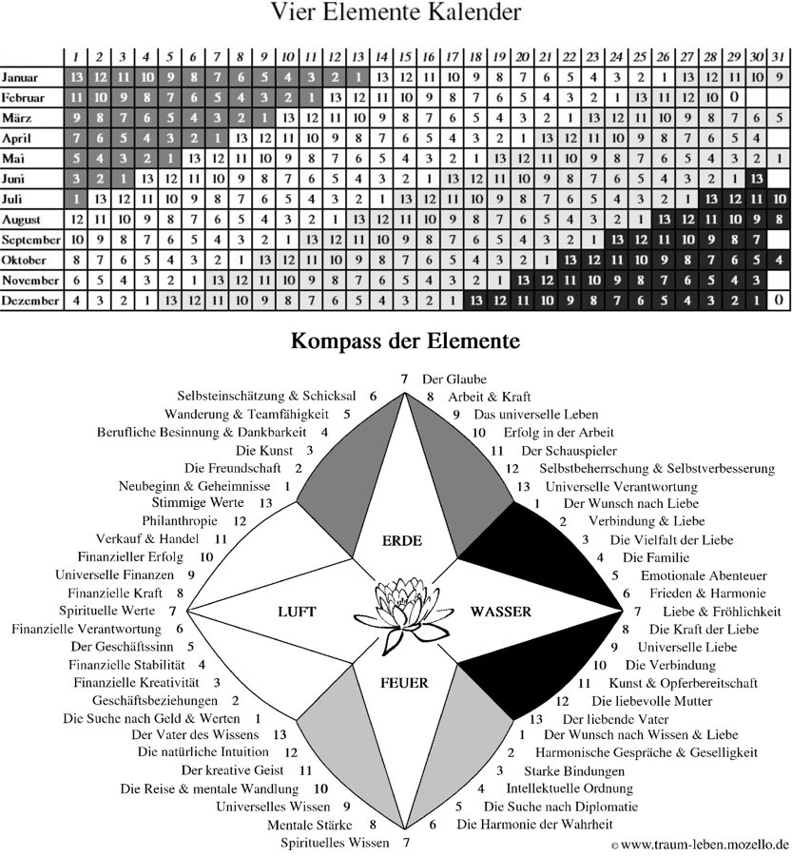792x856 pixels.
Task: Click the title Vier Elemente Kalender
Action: click(396, 12)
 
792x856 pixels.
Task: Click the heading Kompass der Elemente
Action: click(405, 340)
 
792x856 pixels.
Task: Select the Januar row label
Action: click(20, 78)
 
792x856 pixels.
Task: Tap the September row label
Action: click(30, 241)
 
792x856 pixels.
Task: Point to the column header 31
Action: click(779, 57)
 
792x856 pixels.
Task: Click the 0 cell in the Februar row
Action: click(734, 98)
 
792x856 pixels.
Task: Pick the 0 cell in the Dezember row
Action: click(779, 301)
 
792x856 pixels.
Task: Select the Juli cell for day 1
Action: click(76, 200)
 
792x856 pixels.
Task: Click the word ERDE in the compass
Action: click(402, 541)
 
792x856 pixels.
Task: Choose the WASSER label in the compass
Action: click(500, 612)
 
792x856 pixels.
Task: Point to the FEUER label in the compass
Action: click(404, 683)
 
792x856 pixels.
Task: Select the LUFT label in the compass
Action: click(297, 612)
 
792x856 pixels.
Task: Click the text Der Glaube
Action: click(454, 379)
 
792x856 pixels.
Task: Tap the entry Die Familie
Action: click(655, 557)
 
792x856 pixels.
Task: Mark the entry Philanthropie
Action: click(180, 521)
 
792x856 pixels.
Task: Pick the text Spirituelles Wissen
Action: click(335, 843)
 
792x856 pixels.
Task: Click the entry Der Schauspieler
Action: click(569, 451)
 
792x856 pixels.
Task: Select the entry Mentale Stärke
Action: click(310, 825)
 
